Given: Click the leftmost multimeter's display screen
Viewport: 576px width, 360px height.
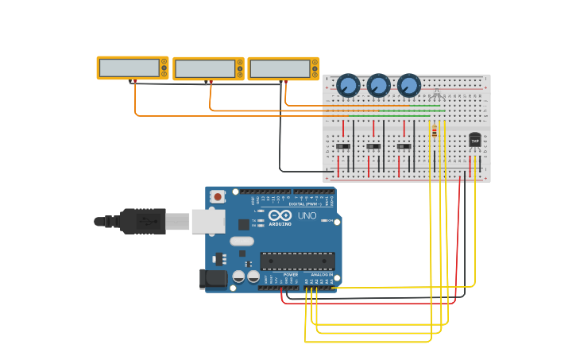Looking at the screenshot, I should (130, 68).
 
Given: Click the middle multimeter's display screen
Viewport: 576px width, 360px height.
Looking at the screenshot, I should (205, 68).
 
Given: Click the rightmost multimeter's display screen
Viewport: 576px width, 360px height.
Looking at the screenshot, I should (280, 68).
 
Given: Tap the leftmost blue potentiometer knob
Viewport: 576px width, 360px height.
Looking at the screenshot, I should (348, 85).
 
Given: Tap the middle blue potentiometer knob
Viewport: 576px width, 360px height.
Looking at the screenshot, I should (378, 85).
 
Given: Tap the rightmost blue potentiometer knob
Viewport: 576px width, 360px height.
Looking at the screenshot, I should (408, 85).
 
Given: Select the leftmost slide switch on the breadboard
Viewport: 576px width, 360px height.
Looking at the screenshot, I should (343, 146).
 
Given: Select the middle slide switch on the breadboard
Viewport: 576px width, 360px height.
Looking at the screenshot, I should (373, 146).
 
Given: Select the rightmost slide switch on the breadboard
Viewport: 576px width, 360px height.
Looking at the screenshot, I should (404, 146).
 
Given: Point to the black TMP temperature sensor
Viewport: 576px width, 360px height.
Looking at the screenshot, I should (475, 140).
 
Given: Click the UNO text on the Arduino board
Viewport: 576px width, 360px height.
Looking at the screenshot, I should (307, 215).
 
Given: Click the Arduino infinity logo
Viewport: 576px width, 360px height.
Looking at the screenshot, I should (280, 215).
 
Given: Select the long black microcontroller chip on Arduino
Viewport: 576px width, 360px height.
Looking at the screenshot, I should (297, 261).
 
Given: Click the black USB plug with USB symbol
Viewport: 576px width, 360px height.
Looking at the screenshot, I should (143, 221).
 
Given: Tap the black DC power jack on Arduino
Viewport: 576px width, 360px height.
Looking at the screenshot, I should (213, 278).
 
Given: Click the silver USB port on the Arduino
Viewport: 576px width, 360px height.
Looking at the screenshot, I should (208, 221).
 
